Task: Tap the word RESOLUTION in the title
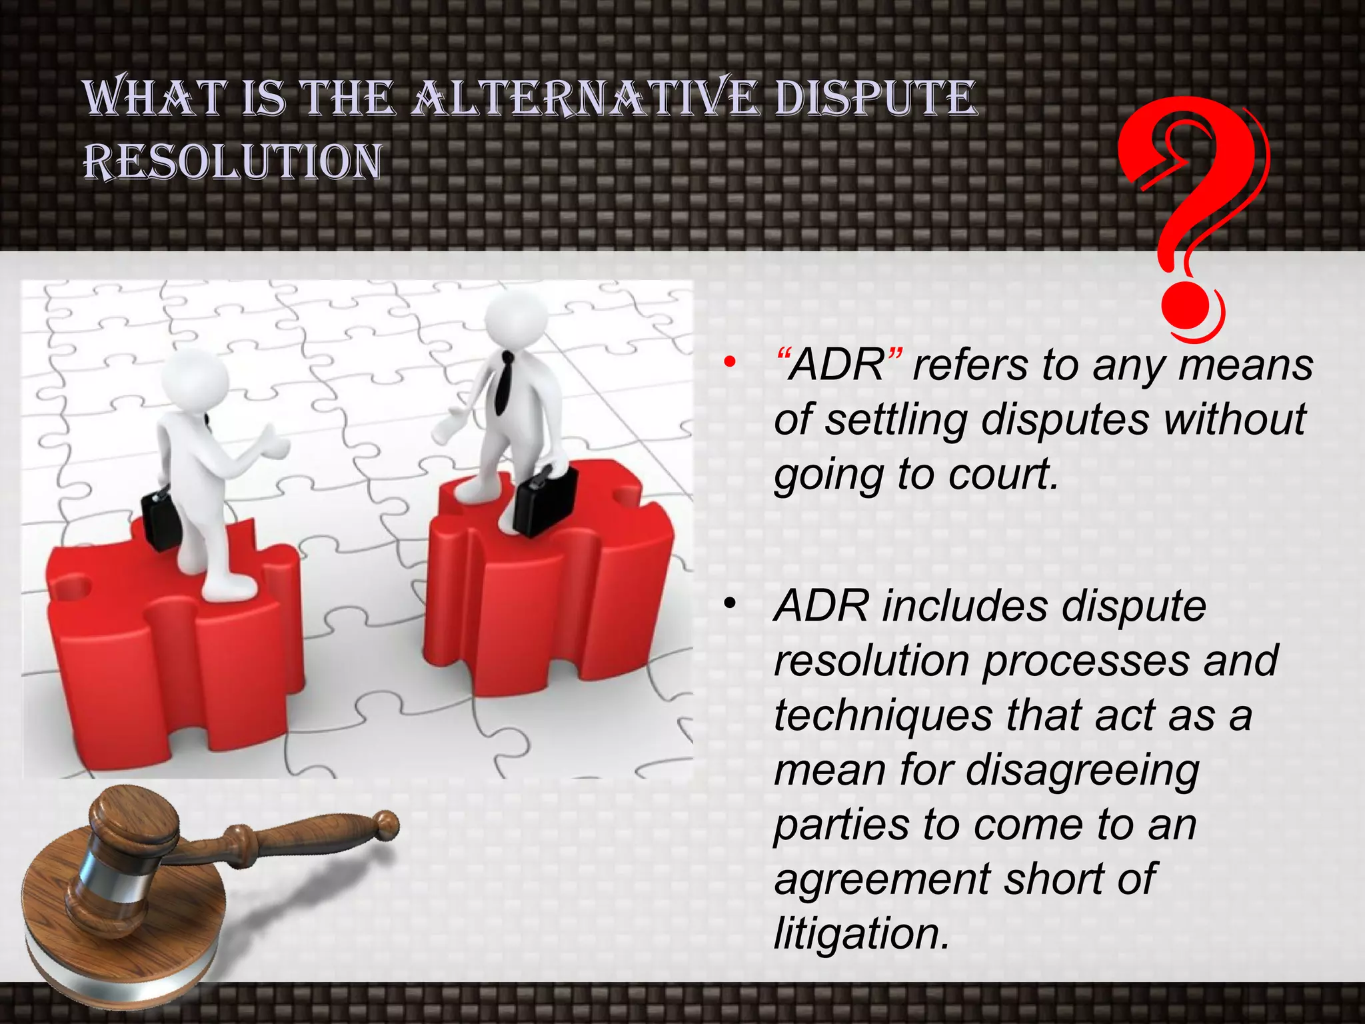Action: pos(233,162)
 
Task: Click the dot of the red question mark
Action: pos(1188,311)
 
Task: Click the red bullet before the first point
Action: pos(730,363)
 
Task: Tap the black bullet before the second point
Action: pos(730,604)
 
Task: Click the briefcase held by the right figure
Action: pos(547,499)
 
